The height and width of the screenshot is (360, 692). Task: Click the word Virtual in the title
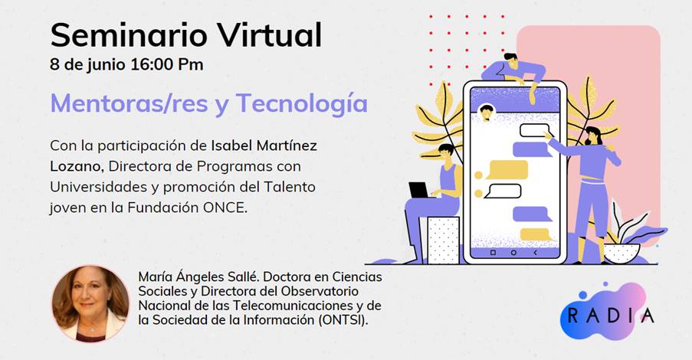point(270,35)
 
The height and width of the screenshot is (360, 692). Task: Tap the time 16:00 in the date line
point(151,64)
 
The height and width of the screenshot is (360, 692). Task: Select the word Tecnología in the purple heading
point(301,103)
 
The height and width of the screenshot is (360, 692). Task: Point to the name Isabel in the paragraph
point(231,145)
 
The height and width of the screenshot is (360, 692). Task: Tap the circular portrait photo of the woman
point(90,303)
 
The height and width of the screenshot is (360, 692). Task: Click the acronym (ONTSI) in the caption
point(343,320)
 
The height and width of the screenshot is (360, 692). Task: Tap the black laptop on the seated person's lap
point(419,190)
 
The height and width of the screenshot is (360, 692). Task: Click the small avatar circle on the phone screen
point(487,113)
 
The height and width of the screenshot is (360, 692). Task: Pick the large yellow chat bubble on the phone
point(507,170)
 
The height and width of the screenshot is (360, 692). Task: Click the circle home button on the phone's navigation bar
point(513,253)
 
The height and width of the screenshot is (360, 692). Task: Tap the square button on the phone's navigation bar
point(493,253)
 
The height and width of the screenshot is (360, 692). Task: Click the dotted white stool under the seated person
point(443,241)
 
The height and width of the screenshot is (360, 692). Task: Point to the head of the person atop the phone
point(511,61)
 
